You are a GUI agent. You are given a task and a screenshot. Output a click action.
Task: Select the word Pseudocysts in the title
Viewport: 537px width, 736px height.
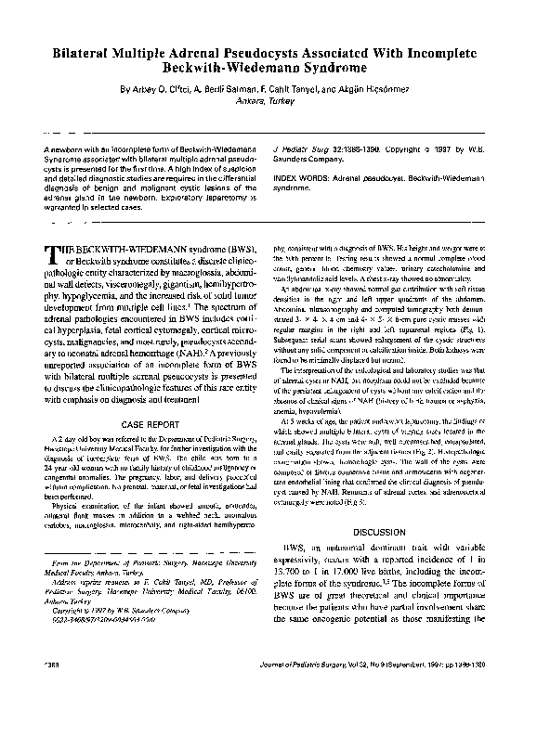pyautogui.click(x=302, y=55)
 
